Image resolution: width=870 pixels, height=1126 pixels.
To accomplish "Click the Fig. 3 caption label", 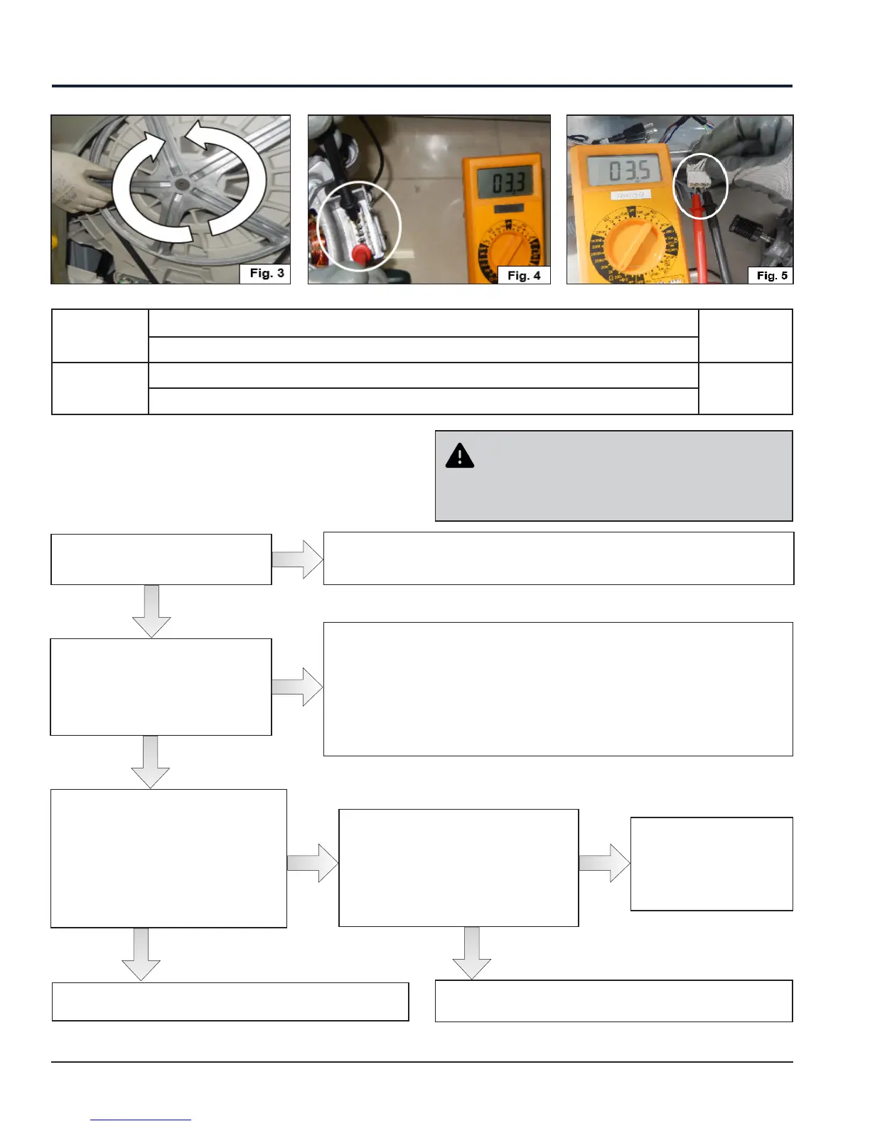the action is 267,273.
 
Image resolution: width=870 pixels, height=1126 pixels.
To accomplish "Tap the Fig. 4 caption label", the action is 524,275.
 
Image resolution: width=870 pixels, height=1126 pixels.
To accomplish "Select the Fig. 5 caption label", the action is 771,275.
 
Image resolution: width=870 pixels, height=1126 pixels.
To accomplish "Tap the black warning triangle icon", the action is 460,456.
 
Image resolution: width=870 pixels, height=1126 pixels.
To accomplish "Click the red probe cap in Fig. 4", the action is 360,254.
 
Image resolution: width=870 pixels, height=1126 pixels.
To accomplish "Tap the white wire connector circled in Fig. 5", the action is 699,174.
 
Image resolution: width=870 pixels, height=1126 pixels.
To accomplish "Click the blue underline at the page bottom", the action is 141,1120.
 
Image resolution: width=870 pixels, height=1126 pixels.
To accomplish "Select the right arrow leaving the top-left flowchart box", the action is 298,559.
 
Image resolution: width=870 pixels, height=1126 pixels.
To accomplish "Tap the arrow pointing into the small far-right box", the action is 605,863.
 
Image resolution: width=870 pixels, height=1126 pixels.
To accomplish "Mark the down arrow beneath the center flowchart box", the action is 471,953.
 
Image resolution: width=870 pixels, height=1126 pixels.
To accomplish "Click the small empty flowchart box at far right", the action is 711,864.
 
